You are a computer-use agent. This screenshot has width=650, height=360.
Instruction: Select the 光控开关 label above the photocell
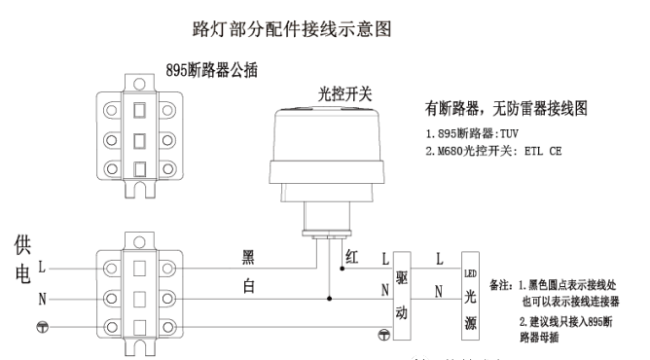[x=344, y=95]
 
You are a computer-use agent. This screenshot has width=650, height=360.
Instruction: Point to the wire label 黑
[x=249, y=257]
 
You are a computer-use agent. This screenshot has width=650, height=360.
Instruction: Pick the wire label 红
[x=352, y=255]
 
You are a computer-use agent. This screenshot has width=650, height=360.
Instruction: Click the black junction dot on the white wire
[x=330, y=297]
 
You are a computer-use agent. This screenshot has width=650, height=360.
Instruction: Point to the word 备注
[x=502, y=286]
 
